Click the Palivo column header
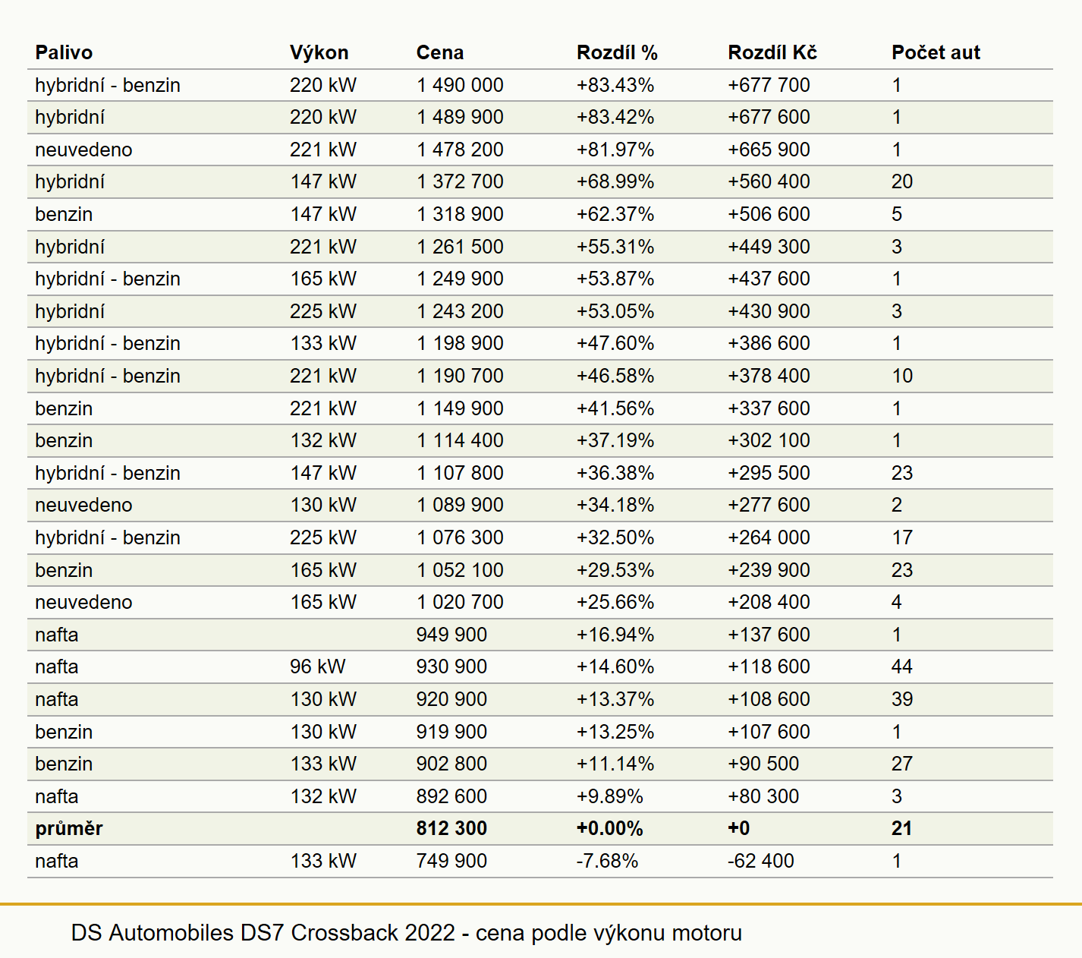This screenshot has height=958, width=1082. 64,52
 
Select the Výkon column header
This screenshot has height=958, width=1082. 319,52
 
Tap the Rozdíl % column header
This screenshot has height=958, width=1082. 617,52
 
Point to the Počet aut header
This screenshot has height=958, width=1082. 936,52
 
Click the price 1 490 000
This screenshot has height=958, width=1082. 460,85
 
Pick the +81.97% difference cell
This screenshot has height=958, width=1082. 615,150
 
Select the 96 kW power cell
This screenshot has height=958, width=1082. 318,667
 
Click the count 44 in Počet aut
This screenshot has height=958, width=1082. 902,667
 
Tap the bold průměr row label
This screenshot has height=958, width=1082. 69,828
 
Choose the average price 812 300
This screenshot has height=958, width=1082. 451,828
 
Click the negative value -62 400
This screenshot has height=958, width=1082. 760,861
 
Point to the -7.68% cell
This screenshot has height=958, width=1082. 607,861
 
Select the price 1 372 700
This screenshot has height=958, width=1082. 460,181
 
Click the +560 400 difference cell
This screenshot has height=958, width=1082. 769,181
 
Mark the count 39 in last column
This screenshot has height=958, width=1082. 902,699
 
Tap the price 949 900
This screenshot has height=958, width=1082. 451,634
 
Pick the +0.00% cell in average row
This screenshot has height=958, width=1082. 610,828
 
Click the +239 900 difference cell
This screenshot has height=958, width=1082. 769,569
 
